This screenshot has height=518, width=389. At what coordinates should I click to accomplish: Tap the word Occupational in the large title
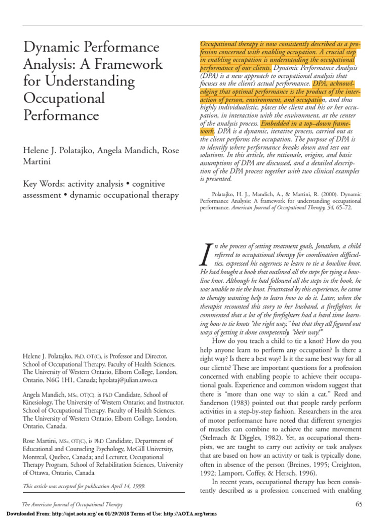(64, 98)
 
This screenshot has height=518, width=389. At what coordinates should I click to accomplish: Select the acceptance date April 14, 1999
(127, 486)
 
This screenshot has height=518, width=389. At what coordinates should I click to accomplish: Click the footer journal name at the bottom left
(72, 505)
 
